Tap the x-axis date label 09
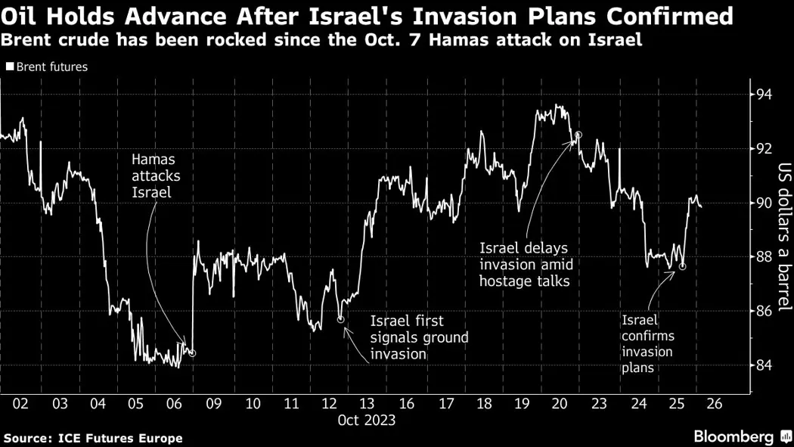(213, 404)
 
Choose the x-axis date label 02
(20, 404)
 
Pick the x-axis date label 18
(483, 404)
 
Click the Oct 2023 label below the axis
(368, 419)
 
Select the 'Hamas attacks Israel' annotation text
(154, 176)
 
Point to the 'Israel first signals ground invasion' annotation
(419, 337)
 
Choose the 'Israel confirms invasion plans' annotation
(647, 343)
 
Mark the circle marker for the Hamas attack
(192, 353)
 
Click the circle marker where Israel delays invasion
(578, 135)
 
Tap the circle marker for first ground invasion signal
(340, 320)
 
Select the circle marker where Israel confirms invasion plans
(682, 266)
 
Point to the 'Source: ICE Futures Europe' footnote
(93, 438)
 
